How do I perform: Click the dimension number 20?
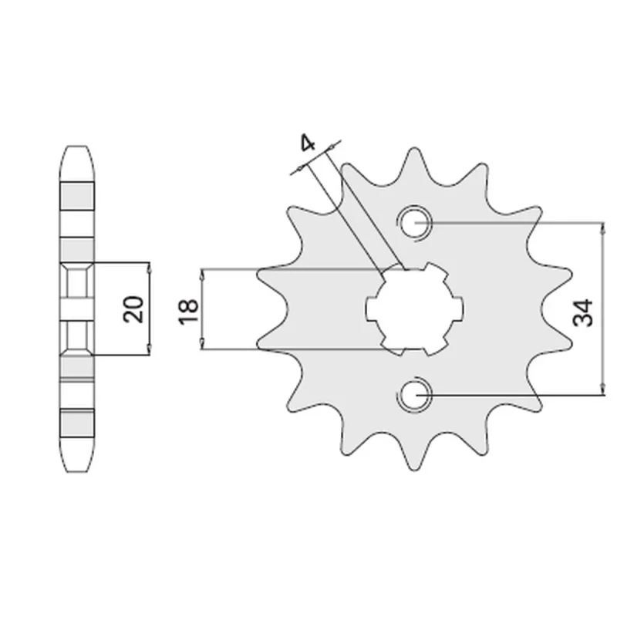[x=133, y=309]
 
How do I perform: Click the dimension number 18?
[x=188, y=312]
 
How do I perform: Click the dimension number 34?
[x=583, y=313]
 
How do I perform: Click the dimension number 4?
[x=308, y=143]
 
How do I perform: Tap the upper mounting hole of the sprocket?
[x=415, y=223]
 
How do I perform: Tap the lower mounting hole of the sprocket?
[x=416, y=394]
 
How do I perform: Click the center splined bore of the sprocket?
[x=415, y=309]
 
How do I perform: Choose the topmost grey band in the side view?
[x=77, y=196]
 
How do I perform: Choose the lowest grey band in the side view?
[x=77, y=422]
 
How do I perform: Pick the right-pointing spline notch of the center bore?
[x=458, y=306]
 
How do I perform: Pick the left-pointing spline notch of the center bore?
[x=373, y=308]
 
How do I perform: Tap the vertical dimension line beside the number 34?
[x=602, y=308]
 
